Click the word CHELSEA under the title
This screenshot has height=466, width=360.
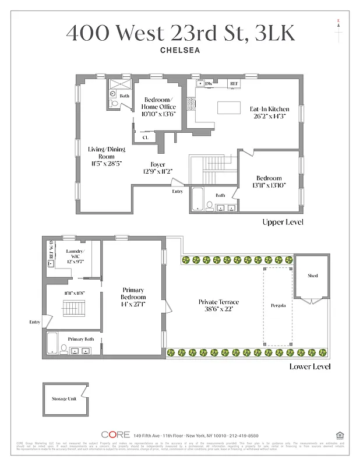180,50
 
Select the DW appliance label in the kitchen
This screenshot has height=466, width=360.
209,84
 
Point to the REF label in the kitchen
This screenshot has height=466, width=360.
234,84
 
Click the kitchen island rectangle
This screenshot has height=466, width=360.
228,108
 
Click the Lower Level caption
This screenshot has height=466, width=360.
310,366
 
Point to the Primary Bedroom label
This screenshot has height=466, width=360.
133,294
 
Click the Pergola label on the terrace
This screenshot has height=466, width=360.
278,305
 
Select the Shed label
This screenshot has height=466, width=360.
313,276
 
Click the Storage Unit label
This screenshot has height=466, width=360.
63,399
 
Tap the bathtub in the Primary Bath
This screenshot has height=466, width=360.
53,343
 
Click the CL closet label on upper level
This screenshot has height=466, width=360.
145,138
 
